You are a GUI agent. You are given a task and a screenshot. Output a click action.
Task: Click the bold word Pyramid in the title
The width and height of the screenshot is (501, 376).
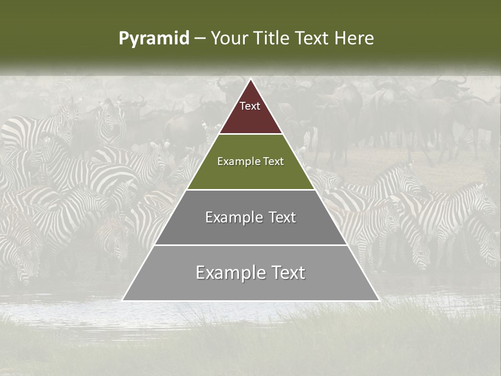click(154, 39)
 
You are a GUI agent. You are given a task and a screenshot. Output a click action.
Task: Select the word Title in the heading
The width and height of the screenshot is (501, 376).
click(272, 39)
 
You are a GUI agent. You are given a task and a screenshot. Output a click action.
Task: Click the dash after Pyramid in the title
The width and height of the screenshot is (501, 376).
click(200, 39)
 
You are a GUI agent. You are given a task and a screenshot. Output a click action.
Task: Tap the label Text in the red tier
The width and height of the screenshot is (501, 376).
click(250, 106)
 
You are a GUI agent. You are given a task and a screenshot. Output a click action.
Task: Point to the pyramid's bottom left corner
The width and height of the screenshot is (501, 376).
click(123, 300)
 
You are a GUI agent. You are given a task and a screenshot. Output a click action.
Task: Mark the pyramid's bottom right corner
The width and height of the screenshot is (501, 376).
click(378, 300)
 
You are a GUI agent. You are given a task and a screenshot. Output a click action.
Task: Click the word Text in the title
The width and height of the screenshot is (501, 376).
click(313, 39)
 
